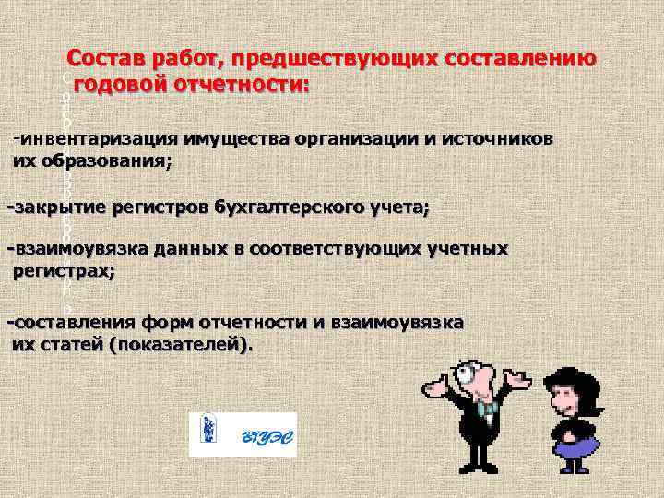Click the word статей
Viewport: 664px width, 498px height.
click(74, 344)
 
